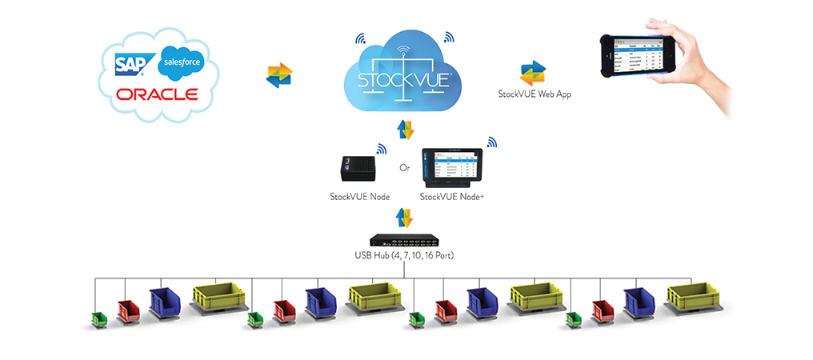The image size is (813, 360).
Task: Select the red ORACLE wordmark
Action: (x=157, y=94)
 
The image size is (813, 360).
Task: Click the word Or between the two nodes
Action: (x=405, y=170)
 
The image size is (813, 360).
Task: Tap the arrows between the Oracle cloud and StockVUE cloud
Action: (x=279, y=74)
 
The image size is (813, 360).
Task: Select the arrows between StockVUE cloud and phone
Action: (x=533, y=74)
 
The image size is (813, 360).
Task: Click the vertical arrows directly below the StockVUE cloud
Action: (x=405, y=130)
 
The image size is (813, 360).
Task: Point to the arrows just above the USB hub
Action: (x=405, y=217)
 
